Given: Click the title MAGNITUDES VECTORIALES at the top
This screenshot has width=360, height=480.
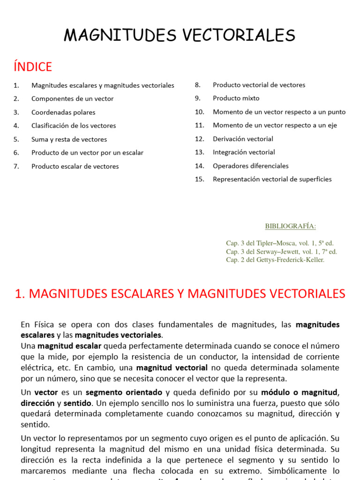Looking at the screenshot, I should (x=180, y=36).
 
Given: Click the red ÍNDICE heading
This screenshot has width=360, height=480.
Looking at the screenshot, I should (x=33, y=67).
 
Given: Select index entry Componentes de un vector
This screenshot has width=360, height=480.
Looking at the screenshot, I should (x=72, y=99).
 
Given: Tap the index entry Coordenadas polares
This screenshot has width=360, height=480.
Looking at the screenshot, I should (x=63, y=112).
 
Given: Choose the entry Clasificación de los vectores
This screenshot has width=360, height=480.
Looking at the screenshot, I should (x=74, y=126).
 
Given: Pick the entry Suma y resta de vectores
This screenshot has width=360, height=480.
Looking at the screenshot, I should (x=69, y=139).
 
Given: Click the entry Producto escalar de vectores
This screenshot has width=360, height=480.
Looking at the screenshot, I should (x=75, y=166).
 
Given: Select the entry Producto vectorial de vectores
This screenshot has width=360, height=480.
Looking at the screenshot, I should (x=259, y=85).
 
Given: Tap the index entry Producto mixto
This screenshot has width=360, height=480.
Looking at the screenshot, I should (x=236, y=98).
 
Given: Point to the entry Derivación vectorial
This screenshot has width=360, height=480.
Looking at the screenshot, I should (x=243, y=139).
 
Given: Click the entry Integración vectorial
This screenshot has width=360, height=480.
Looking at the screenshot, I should (x=244, y=152).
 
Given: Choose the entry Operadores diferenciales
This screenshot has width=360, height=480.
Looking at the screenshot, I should (x=250, y=166).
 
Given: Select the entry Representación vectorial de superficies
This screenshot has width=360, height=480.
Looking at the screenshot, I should (x=272, y=179).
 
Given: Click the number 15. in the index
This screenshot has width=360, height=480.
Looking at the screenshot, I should (x=200, y=179).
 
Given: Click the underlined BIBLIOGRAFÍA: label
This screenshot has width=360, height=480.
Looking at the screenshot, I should (x=291, y=226).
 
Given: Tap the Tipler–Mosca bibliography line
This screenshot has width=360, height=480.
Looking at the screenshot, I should (x=280, y=243).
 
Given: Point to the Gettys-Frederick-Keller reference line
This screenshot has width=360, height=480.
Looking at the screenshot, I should (x=275, y=260).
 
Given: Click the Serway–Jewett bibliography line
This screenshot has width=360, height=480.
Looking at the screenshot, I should (x=281, y=252).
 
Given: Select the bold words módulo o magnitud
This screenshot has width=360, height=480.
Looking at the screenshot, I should (x=299, y=392).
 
